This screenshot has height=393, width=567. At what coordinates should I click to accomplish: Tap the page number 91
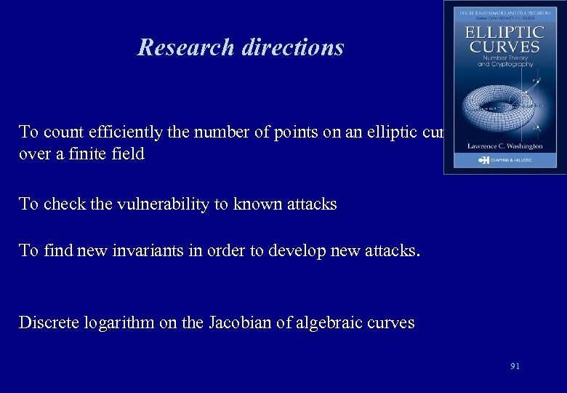tap(515, 366)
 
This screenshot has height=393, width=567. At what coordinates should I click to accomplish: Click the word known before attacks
tap(257, 205)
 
